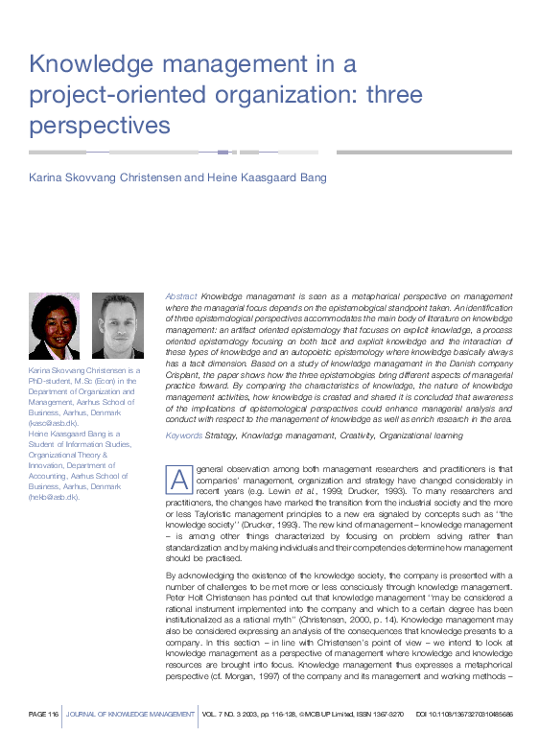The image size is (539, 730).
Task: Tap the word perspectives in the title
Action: [99, 125]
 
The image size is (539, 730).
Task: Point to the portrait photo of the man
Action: [117, 325]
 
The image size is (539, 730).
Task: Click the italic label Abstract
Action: [181, 298]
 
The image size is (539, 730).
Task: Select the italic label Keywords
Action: [184, 436]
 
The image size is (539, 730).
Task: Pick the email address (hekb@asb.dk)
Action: [55, 497]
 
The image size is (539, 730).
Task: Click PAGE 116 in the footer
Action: [44, 715]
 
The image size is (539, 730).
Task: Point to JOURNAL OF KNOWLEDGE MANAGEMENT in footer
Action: [129, 715]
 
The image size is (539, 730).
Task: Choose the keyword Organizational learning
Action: [419, 436]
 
